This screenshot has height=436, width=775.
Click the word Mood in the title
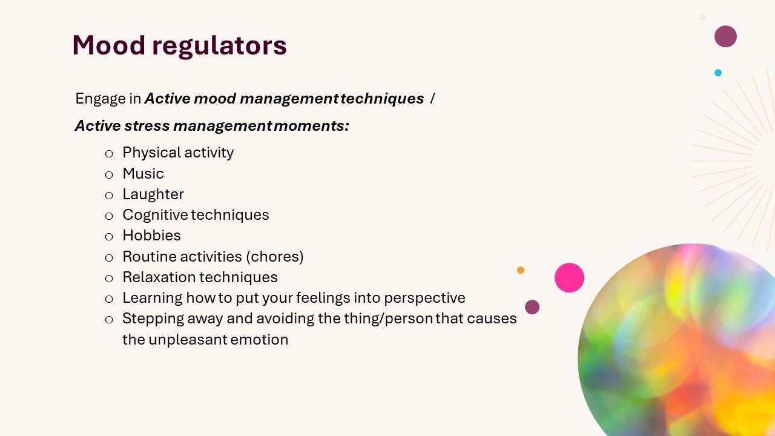pos(108,45)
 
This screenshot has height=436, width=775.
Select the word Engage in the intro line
pos(101,99)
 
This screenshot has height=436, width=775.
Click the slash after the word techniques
pos(432,99)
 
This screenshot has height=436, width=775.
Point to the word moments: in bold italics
pos(311,125)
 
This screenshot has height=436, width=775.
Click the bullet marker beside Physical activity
pos(109,153)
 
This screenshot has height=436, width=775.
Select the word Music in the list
pos(143,173)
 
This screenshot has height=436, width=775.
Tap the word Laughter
pos(153,194)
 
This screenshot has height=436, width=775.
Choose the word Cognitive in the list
pos(156,215)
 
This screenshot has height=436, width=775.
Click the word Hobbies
pos(151,236)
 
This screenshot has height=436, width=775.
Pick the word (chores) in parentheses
pos(275,257)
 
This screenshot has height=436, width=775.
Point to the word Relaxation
pos(159,277)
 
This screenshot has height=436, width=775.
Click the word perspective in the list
pos(425,299)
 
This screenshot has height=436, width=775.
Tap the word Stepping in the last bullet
pos(153,319)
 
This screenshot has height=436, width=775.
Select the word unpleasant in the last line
pos(188,340)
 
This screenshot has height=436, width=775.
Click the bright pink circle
pos(569,277)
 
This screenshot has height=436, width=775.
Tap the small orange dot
pos(521,270)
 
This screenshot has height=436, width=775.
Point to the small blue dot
pos(718,73)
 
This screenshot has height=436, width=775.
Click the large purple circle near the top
pos(725,36)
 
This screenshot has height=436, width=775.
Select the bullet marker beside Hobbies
pos(109,237)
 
